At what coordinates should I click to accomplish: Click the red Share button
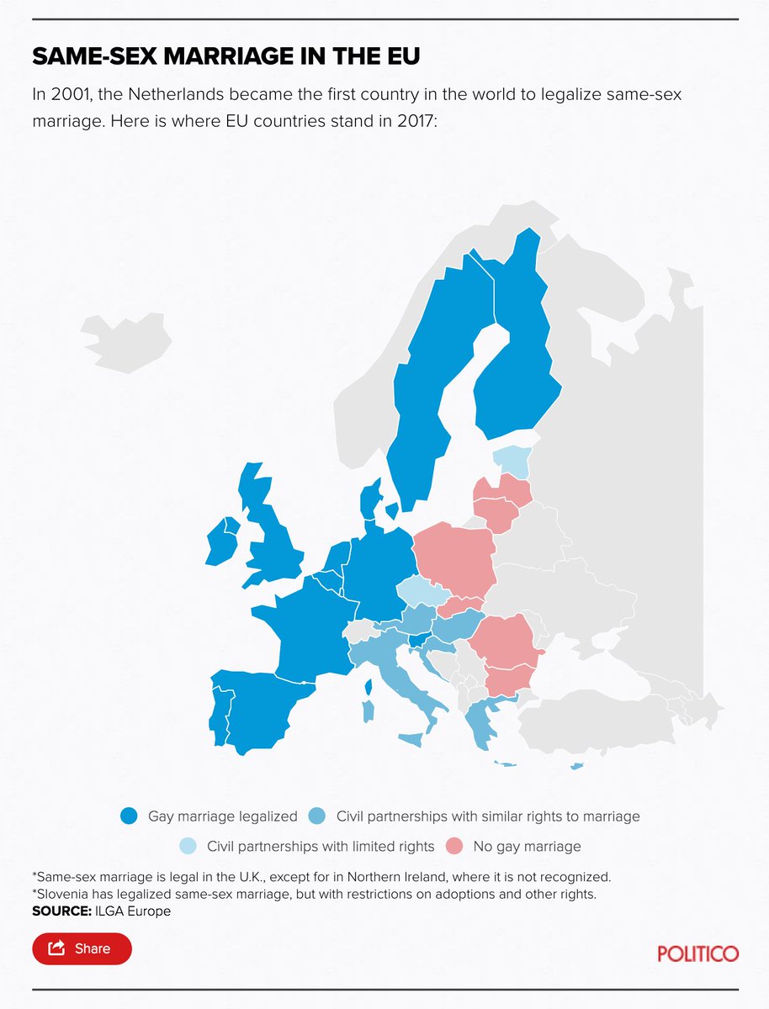(82, 948)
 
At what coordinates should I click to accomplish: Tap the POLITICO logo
(697, 954)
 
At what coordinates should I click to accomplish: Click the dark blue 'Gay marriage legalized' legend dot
(129, 816)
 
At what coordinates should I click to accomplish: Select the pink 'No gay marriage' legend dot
(455, 846)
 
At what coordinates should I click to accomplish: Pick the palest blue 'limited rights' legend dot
(188, 846)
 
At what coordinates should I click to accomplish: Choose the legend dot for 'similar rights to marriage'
(317, 816)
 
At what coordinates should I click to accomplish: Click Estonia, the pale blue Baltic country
(512, 459)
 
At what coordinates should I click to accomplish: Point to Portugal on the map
(220, 715)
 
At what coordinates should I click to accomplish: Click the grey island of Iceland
(126, 341)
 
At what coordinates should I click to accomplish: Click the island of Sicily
(410, 739)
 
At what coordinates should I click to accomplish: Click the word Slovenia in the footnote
(61, 895)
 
